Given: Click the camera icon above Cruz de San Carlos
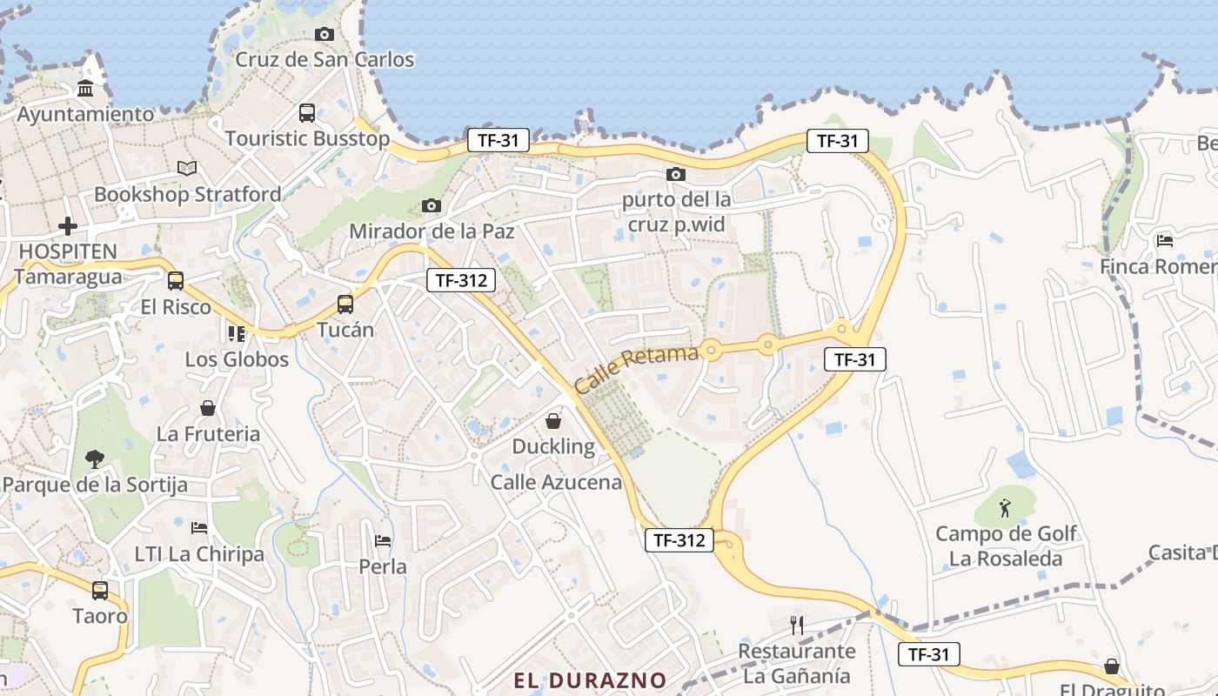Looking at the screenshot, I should pyautogui.click(x=325, y=34).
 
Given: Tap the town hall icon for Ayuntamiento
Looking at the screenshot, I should pyautogui.click(x=85, y=89).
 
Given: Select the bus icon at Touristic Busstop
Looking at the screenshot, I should pyautogui.click(x=307, y=113).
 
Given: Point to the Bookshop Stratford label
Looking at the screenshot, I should pyautogui.click(x=187, y=194).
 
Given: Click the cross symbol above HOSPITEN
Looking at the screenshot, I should pyautogui.click(x=68, y=226).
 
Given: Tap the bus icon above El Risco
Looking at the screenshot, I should pyautogui.click(x=176, y=281).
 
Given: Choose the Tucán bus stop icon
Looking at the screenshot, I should pyautogui.click(x=345, y=304).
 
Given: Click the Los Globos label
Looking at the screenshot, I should pyautogui.click(x=237, y=359).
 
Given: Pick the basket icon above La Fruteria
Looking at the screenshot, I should pyautogui.click(x=208, y=408).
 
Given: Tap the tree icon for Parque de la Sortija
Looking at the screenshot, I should pyautogui.click(x=94, y=458).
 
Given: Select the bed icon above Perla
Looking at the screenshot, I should pyautogui.click(x=383, y=541).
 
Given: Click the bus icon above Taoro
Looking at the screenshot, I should pyautogui.click(x=100, y=591).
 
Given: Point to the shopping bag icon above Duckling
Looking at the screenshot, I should pyautogui.click(x=553, y=422).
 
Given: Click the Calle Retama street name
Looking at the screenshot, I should pyautogui.click(x=636, y=369).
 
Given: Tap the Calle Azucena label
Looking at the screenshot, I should pyautogui.click(x=557, y=482).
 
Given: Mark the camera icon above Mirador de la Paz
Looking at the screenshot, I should pyautogui.click(x=432, y=206).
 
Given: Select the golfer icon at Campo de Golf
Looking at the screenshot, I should pyautogui.click(x=1006, y=507).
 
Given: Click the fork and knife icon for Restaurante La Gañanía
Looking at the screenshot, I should pyautogui.click(x=796, y=625).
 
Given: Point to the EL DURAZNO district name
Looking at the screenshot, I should pyautogui.click(x=590, y=680).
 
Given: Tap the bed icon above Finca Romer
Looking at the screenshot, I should pyautogui.click(x=1164, y=240).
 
